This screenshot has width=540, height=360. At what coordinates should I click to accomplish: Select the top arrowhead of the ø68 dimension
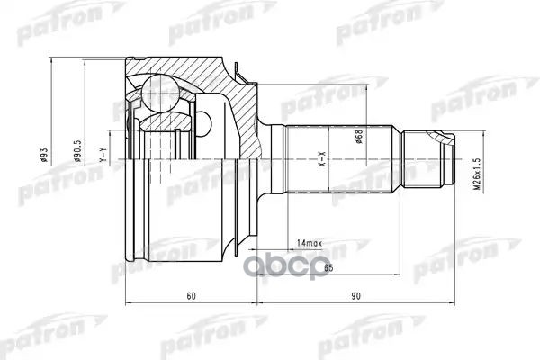pyautogui.click(x=367, y=88)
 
